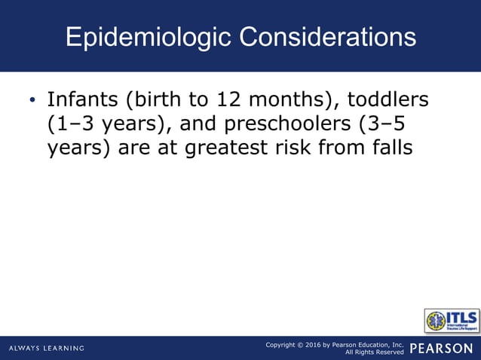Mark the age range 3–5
tap(394, 124)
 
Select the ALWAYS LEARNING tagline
tap(47, 348)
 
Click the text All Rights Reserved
tap(374, 352)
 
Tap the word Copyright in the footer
tap(283, 344)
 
